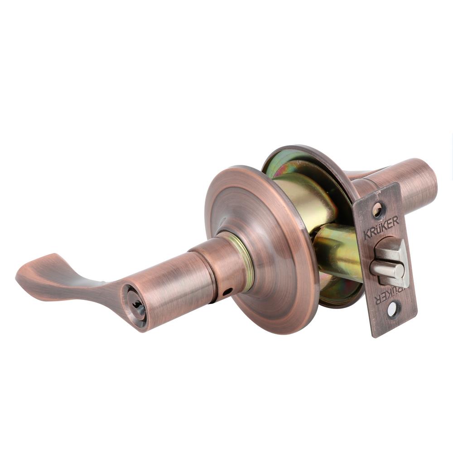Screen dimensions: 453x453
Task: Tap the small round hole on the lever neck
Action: pyautogui.click(x=227, y=292)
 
